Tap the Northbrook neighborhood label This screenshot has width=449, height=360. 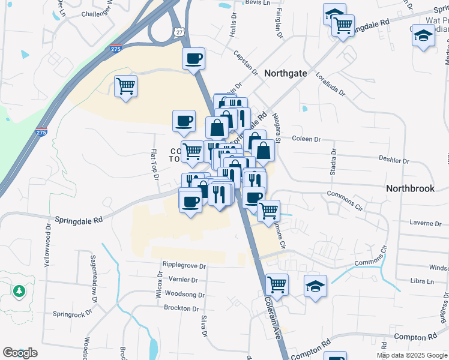[x=410, y=188]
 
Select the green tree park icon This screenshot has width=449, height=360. [x=19, y=291]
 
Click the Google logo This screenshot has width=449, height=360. [x=20, y=353]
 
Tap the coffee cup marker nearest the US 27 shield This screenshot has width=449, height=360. [x=193, y=59]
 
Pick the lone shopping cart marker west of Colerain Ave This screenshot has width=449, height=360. [x=125, y=86]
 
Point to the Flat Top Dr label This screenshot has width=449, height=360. [x=154, y=164]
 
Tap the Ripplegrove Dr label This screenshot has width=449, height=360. [x=184, y=265]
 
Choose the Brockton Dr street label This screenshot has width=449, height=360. [x=181, y=308]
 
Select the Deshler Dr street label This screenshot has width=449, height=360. [x=393, y=161]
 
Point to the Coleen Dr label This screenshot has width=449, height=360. [x=306, y=139]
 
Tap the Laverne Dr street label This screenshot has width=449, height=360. [x=425, y=223]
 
